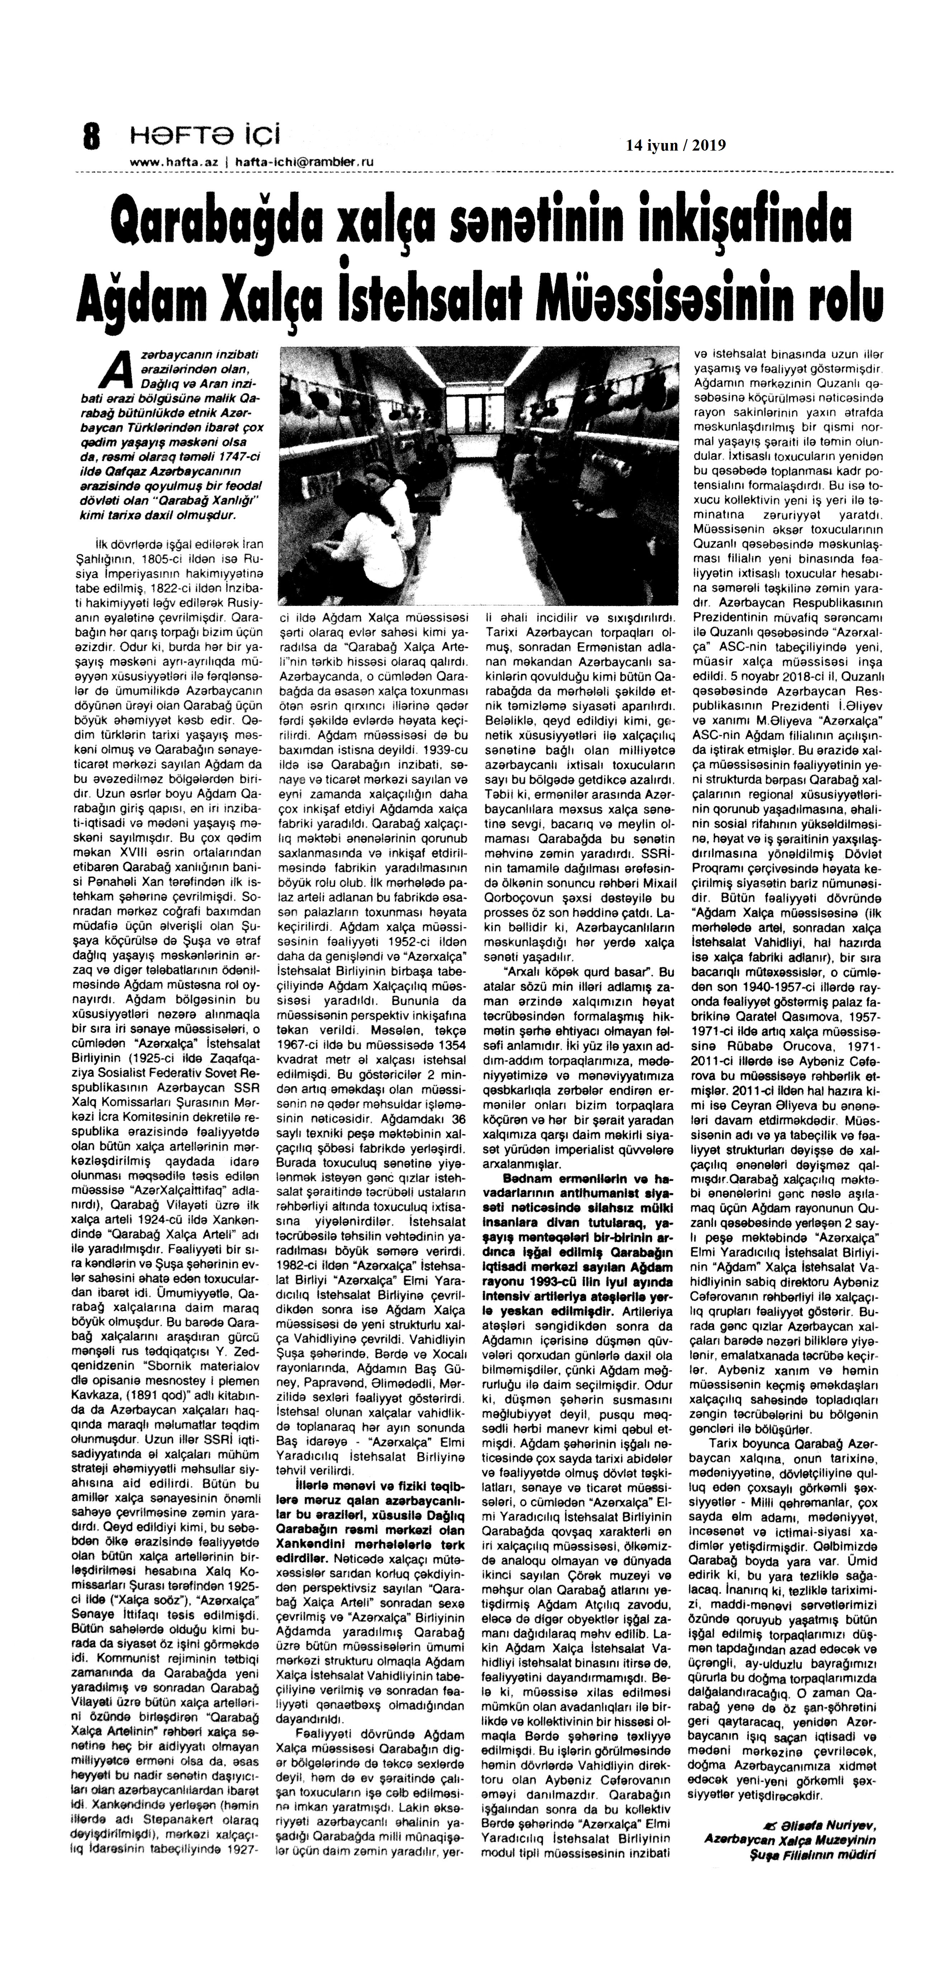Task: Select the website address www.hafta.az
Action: pyautogui.click(x=176, y=162)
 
